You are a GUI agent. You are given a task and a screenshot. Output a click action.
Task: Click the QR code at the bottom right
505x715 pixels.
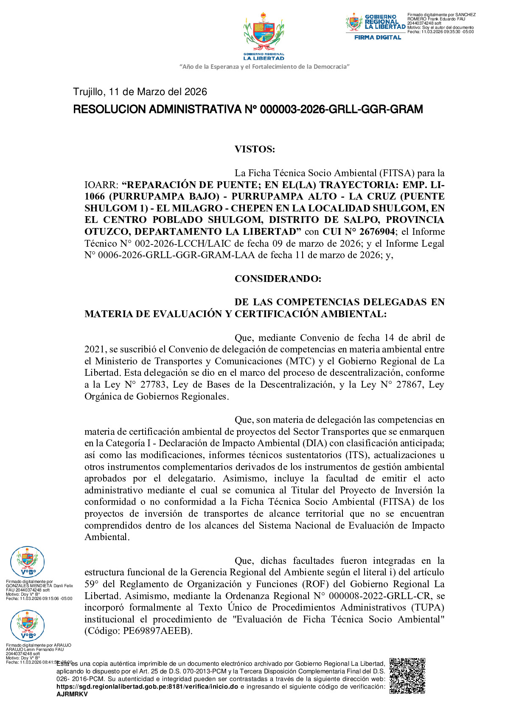click(x=407, y=676)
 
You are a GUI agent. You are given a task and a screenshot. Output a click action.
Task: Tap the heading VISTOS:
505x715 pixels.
click(x=255, y=149)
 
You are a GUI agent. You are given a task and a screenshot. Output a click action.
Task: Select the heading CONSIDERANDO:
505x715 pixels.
click(x=278, y=279)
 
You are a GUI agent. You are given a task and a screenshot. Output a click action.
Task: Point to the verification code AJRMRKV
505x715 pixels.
click(x=72, y=694)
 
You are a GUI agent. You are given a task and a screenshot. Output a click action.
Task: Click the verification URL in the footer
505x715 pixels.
click(x=147, y=687)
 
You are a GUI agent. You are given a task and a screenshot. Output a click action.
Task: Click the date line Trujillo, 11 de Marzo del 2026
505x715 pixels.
click(x=140, y=92)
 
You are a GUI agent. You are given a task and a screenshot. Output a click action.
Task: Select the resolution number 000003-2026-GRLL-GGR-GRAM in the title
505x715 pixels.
click(x=341, y=110)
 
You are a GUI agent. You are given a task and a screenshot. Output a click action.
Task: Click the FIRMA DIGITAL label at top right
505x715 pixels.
click(x=378, y=37)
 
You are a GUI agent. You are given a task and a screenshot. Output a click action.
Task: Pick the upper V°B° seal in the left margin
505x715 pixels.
click(x=27, y=562)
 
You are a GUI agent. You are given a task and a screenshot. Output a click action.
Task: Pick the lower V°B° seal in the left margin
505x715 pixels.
click(x=27, y=625)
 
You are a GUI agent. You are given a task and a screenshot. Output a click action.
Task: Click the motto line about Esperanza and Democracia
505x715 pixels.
click(x=264, y=67)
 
